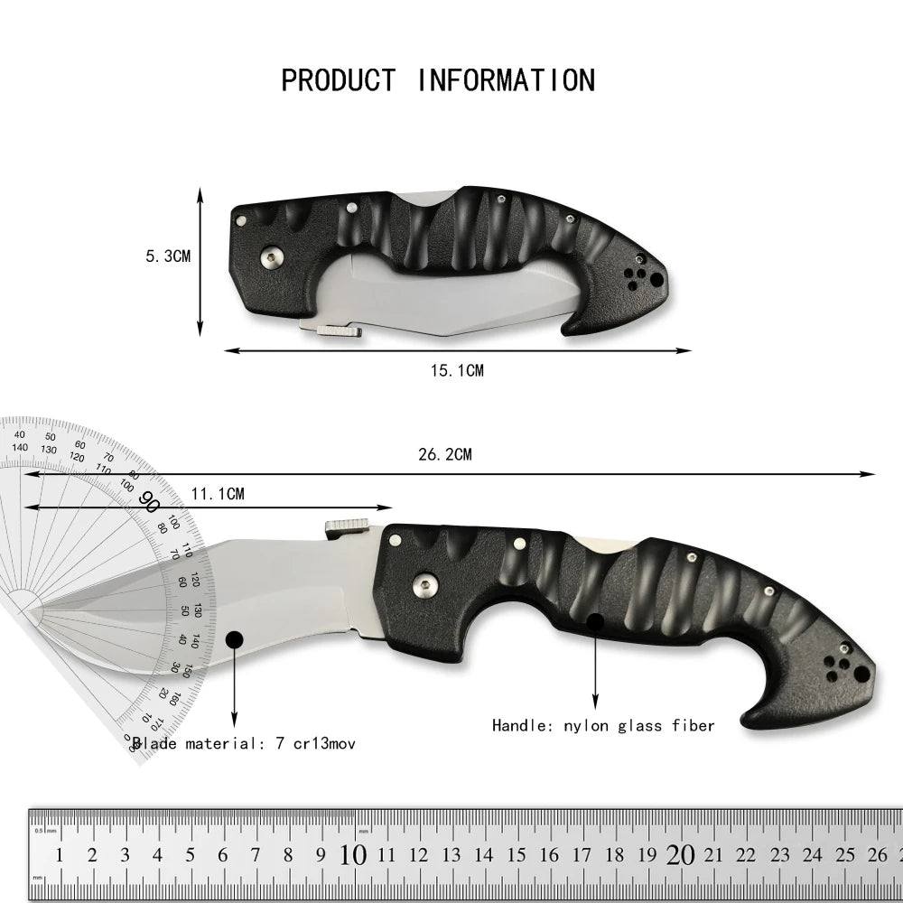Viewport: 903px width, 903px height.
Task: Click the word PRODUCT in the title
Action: (338, 80)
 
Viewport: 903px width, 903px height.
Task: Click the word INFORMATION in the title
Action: (506, 80)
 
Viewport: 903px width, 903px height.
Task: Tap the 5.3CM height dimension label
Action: (168, 256)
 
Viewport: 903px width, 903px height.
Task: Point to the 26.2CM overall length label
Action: (444, 454)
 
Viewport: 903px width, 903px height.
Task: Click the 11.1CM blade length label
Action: (218, 493)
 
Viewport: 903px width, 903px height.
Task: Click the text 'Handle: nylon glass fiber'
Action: (603, 725)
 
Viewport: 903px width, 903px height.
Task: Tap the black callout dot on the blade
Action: (234, 640)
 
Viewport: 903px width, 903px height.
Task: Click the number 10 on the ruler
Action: (354, 855)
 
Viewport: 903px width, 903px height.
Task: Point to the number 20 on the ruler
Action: (680, 855)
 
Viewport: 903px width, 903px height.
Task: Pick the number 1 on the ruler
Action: (60, 855)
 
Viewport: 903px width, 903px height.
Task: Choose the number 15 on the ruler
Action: (517, 855)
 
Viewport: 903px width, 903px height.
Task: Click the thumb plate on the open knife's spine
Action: (347, 526)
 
